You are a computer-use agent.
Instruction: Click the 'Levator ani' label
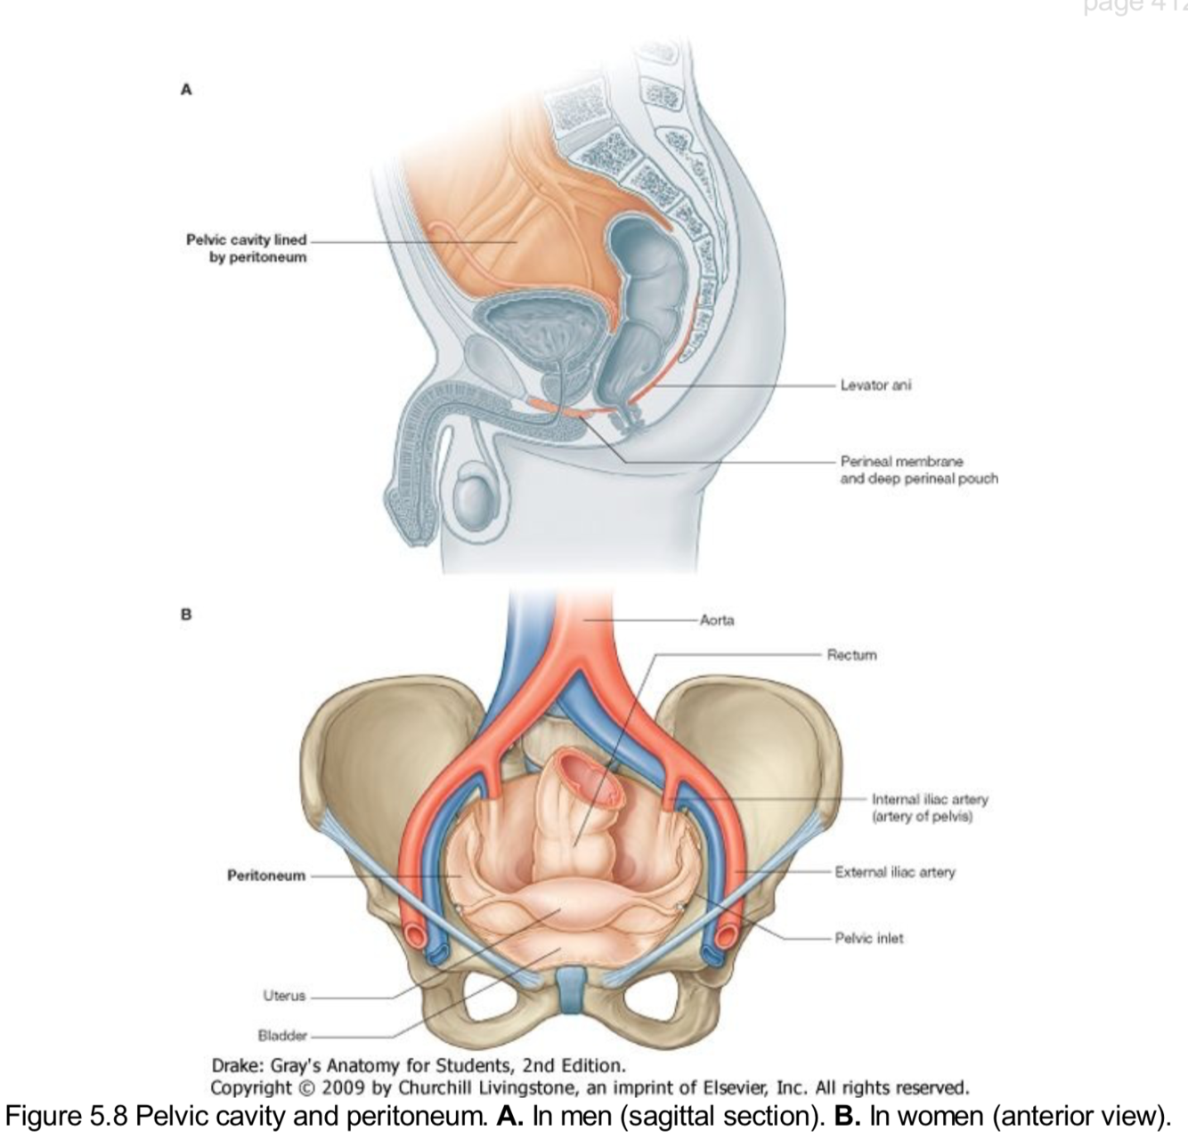point(875,385)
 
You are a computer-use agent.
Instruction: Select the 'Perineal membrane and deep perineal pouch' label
point(918,470)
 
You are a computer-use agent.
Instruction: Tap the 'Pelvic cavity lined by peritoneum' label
point(247,248)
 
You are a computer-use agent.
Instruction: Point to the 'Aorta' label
point(717,620)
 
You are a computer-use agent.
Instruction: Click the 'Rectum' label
point(851,655)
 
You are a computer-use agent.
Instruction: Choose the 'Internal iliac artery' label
point(930,807)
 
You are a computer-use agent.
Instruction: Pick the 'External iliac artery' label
point(894,872)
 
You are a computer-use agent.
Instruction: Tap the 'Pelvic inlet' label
point(868,938)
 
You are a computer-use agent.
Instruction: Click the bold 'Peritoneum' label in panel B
point(265,876)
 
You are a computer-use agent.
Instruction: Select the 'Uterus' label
point(284,996)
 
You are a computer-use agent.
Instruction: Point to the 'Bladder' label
point(282,1036)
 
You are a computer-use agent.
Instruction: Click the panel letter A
point(186,89)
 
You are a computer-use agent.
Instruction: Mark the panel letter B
point(186,614)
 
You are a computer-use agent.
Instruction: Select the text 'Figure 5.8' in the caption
point(67,1116)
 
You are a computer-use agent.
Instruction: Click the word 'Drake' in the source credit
point(234,1065)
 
